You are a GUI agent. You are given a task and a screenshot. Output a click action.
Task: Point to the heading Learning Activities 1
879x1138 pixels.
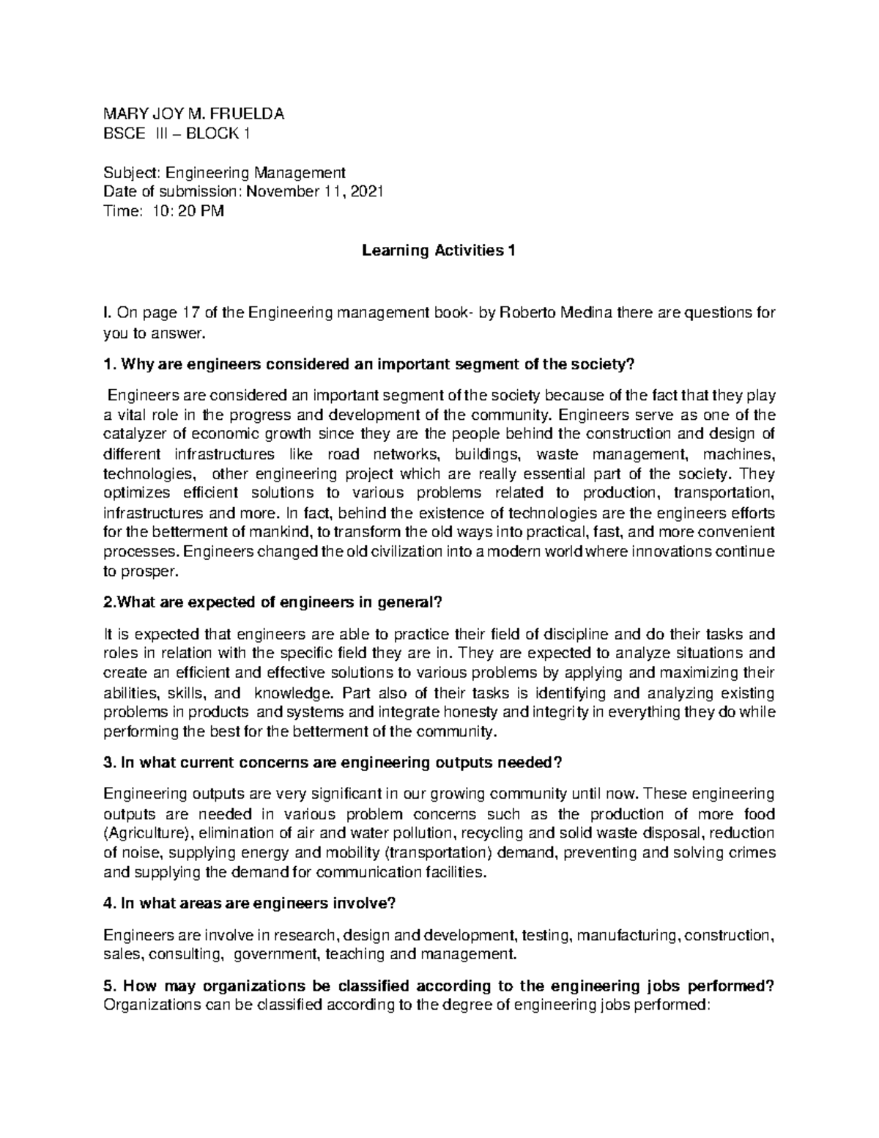pos(439,251)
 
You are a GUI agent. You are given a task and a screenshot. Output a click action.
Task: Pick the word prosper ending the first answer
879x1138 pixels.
pos(150,571)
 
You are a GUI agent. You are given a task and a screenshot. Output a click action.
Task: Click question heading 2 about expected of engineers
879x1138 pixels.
pos(274,602)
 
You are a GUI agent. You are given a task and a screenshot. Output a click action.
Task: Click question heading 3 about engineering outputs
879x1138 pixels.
pos(333,763)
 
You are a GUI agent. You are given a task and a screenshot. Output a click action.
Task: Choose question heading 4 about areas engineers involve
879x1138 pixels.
pos(250,904)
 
